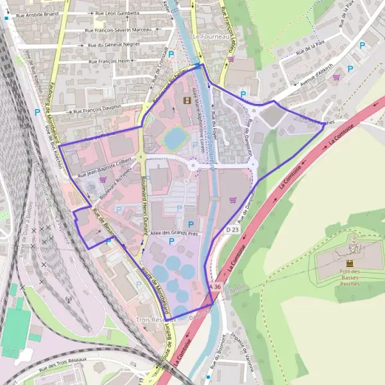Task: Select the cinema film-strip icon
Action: (187, 99)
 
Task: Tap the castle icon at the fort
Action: (350, 263)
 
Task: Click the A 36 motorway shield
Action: (214, 287)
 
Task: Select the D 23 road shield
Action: (232, 229)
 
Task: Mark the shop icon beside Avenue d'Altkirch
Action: (336, 77)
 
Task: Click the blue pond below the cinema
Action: (173, 137)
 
